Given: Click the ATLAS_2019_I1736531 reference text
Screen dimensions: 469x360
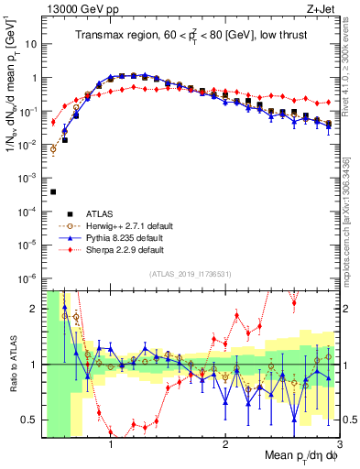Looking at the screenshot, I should pos(191,274).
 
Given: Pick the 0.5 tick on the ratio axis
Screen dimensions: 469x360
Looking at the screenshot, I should pos(33,420).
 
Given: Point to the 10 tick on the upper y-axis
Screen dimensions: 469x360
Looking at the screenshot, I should pos(33,44).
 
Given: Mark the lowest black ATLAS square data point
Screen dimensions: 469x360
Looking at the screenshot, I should pos(53,192).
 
